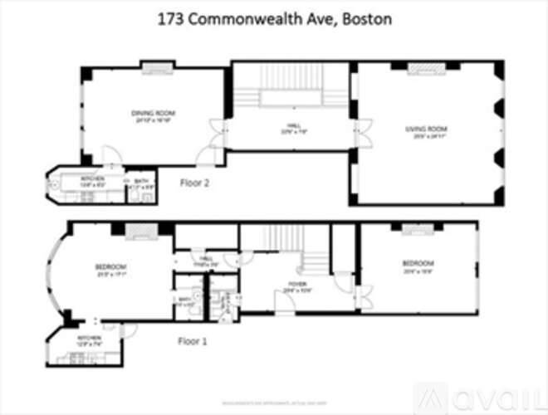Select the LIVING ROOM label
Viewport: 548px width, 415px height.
click(x=426, y=129)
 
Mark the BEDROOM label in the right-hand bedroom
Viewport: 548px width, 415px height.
click(x=418, y=265)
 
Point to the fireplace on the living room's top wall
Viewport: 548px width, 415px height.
click(x=423, y=66)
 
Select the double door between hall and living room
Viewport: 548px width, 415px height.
click(x=360, y=131)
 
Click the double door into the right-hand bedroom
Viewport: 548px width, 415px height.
click(x=364, y=295)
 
